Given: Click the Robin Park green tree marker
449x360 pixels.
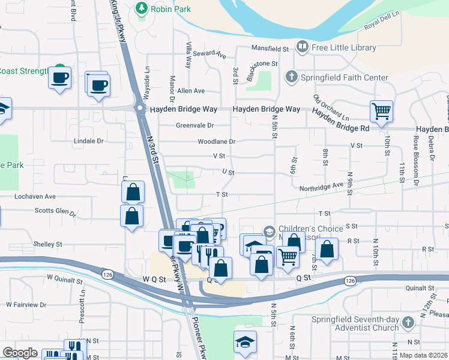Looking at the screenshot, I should point(141,8).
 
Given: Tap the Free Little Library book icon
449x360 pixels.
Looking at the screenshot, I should point(303,47).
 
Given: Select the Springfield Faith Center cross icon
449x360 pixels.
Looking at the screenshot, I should point(291,77).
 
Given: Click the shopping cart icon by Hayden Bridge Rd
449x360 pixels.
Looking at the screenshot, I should point(381,111).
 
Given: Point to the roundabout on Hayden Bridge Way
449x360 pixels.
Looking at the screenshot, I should point(140,109).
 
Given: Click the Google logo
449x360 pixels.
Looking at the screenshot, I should point(20,353).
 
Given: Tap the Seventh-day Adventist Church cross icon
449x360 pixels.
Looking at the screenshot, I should point(408,323).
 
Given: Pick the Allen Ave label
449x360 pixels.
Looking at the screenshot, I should point(191,91).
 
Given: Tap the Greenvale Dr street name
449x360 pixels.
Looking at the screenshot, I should point(195,125).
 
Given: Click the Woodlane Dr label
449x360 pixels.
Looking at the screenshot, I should point(217,142).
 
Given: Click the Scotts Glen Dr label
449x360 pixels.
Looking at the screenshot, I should point(55,211).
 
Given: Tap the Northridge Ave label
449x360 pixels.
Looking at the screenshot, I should point(321,187).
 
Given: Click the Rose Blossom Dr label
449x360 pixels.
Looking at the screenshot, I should point(415,158).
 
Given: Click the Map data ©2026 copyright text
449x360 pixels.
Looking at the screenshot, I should point(423,355).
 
